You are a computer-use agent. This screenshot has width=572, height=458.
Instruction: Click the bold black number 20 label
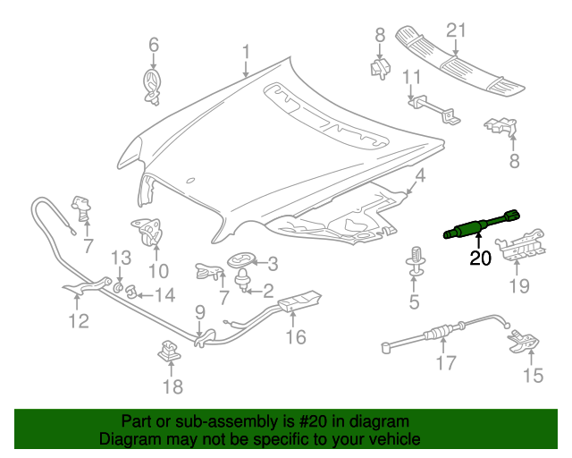pos(480,259)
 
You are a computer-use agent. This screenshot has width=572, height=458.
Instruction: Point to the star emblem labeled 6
pos(153,86)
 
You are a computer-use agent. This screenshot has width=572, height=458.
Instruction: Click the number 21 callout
pos(457,30)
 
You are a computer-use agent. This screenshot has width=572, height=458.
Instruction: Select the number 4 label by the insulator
pos(418,177)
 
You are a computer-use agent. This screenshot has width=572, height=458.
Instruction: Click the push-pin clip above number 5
pos(415,257)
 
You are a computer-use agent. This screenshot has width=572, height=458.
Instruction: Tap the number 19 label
pos(518,286)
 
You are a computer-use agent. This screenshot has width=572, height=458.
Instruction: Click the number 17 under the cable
pos(444,362)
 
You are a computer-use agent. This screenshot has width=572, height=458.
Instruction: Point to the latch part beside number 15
pos(521,343)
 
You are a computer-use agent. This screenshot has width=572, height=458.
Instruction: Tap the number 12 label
pos(79,320)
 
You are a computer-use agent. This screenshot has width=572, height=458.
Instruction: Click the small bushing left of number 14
pos(130,292)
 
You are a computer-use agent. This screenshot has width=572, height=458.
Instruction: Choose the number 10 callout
pos(157,270)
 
